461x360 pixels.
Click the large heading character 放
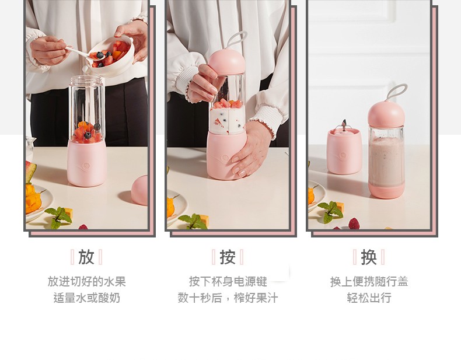pyautogui.click(x=86, y=257)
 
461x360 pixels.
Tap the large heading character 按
pyautogui.click(x=228, y=257)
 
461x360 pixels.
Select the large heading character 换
pyautogui.click(x=369, y=257)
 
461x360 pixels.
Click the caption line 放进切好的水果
pyautogui.click(x=87, y=282)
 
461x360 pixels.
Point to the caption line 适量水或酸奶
pyautogui.click(x=87, y=298)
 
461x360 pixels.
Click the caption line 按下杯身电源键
pyautogui.click(x=228, y=282)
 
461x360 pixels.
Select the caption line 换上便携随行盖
pyautogui.click(x=369, y=282)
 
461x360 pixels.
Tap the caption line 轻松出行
pyautogui.click(x=369, y=298)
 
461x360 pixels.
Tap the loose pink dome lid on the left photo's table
pyautogui.click(x=139, y=190)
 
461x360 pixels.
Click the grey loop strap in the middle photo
pyautogui.click(x=237, y=40)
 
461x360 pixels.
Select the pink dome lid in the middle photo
pyautogui.click(x=226, y=62)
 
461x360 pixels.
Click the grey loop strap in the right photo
pyautogui.click(x=397, y=92)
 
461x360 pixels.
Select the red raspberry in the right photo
pyautogui.click(x=354, y=223)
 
